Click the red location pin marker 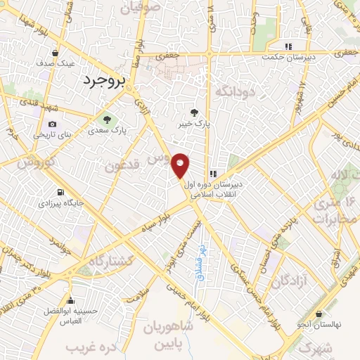pyautogui.click(x=181, y=166)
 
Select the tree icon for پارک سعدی pyautogui.click(x=107, y=118)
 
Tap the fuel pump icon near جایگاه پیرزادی pyautogui.click(x=61, y=192)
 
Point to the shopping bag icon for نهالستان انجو pyautogui.click(x=320, y=314)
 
